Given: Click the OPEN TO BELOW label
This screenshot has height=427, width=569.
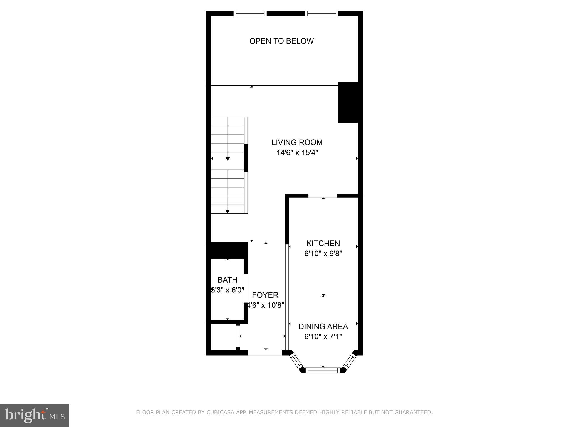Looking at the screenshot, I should pos(281,41).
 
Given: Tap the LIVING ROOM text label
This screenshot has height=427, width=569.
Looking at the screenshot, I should pos(297,142).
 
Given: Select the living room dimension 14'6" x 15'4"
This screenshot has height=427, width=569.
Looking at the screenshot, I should pos(297,153).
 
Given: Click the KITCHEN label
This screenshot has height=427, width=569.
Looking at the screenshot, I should pos(323,244).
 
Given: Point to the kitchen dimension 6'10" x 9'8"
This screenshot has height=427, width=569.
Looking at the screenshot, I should pos(323,254).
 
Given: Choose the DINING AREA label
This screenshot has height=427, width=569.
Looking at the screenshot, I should pos(323,326).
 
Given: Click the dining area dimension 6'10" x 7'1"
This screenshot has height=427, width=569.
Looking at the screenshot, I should pos(323,337).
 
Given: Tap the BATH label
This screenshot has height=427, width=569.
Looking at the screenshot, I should pos(227,280).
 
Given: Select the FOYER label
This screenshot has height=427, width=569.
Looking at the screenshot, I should pos(265,295).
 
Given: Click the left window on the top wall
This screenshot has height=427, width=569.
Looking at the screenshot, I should pos(250,13).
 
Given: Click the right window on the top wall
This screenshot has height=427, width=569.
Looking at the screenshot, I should pos(322,13).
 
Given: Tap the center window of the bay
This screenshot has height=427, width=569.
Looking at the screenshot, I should pos(323,370).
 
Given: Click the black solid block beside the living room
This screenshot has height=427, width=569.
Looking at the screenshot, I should pos(348,102).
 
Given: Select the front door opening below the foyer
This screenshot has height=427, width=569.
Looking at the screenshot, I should pos(265,352).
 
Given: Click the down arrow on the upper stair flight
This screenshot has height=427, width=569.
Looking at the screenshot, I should pos(228,159).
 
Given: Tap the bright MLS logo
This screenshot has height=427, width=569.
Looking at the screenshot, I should pos(34,415).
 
